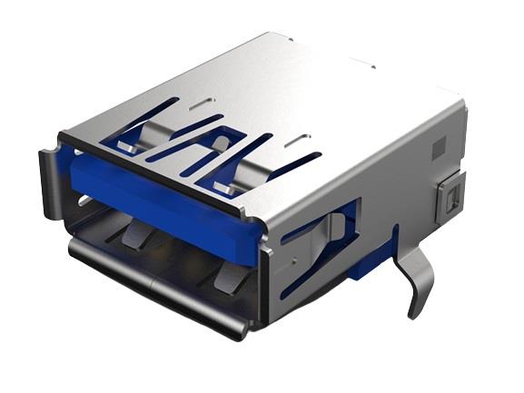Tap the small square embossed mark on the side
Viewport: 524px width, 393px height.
pos(438,146)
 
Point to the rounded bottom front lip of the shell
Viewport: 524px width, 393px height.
pos(154,290)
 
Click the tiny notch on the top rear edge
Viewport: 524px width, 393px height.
pos(371,66)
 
